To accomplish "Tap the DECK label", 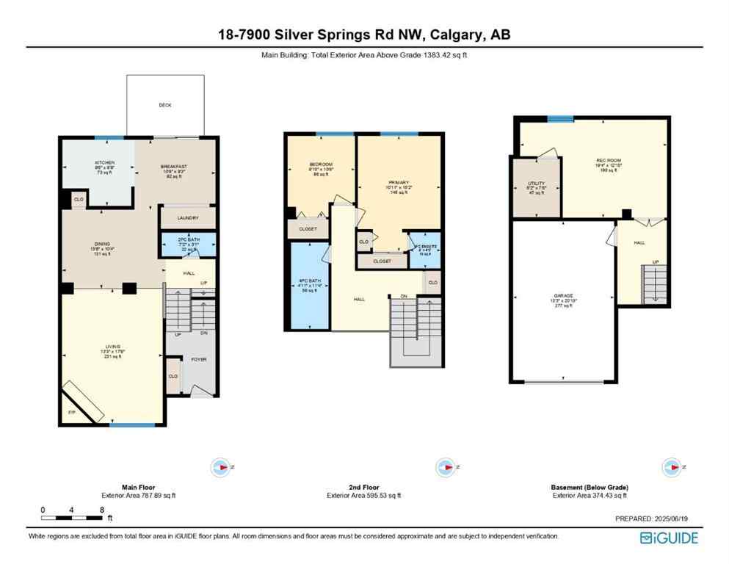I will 165,105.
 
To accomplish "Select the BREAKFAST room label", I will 174,167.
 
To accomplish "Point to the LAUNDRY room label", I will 187,217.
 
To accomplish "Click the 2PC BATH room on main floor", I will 188,243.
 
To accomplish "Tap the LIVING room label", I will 112,346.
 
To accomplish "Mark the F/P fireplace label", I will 71,413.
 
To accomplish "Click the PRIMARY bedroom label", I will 399,182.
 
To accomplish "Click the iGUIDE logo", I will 669,538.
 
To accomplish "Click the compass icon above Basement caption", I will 670,467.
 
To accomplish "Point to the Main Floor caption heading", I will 139,487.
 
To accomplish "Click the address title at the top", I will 364,34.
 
